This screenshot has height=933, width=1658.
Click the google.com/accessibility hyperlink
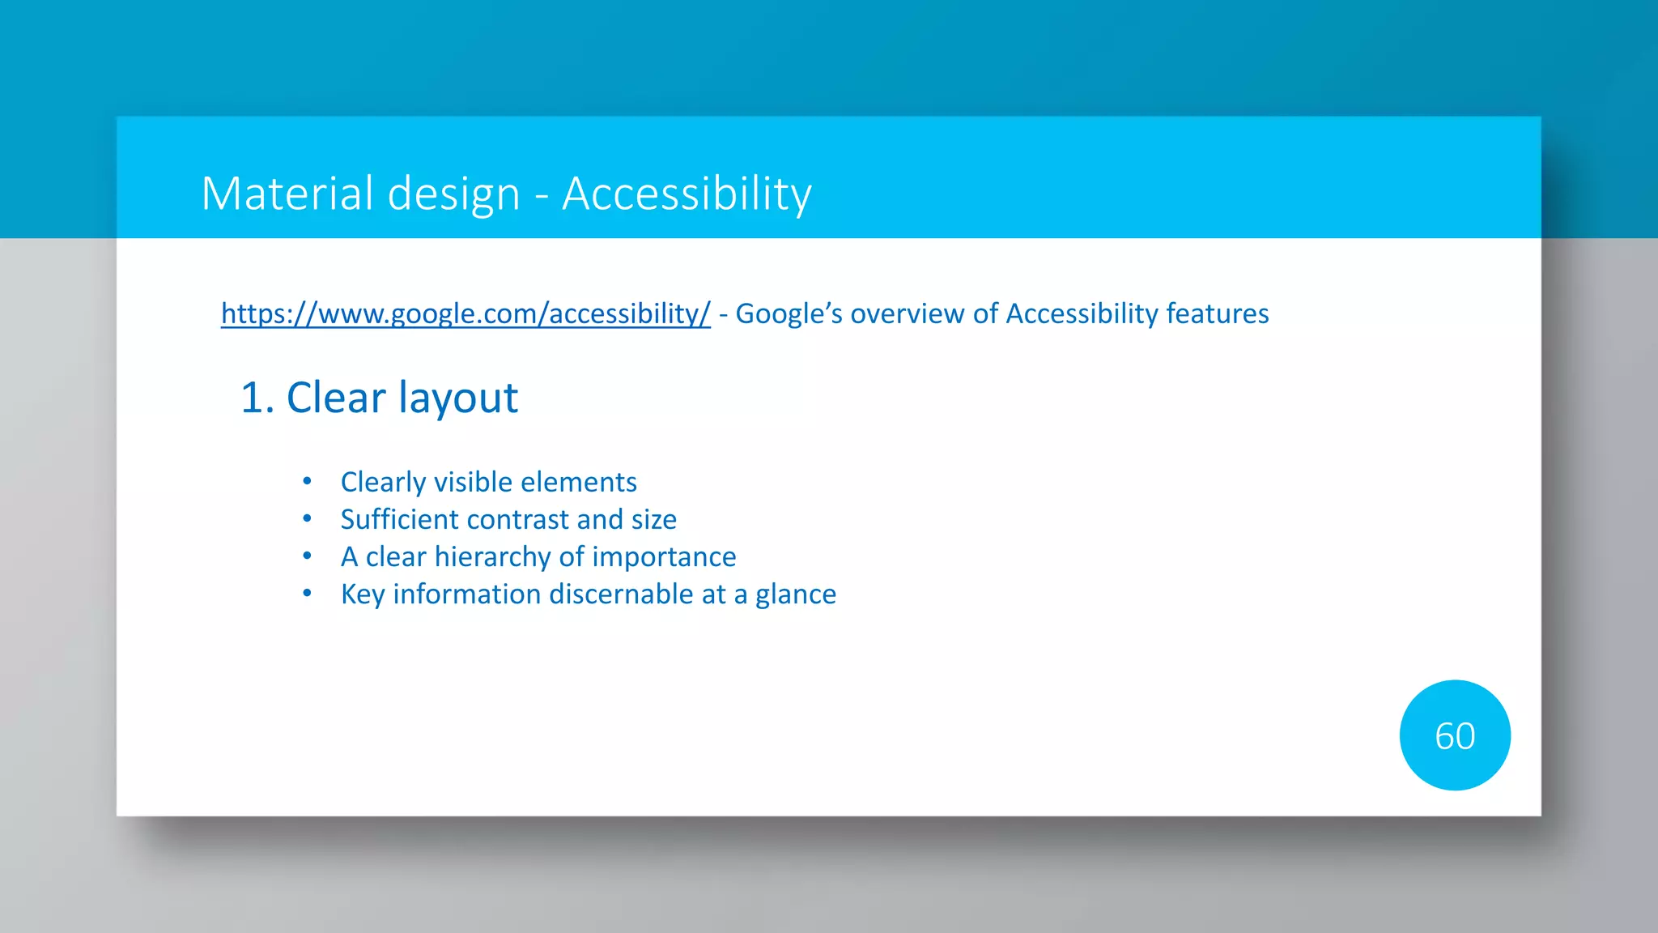tap(466, 313)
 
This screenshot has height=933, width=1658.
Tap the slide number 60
tap(1455, 736)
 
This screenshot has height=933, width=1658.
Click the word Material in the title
tap(287, 194)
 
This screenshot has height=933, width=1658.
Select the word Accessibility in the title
tap(687, 194)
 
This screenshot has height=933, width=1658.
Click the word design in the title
tap(453, 194)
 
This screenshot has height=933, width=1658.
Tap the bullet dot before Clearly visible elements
tap(307, 482)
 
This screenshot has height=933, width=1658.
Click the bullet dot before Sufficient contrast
tap(307, 518)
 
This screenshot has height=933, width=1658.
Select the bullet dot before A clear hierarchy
tap(307, 556)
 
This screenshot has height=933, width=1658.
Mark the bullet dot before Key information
tap(307, 594)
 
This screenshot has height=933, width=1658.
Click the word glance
tap(795, 594)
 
